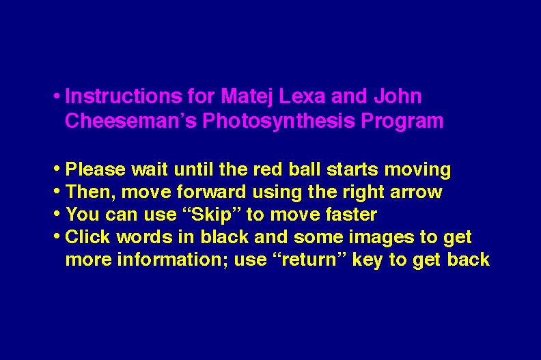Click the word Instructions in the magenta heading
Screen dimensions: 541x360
click(x=123, y=96)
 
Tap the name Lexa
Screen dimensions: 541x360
click(x=302, y=96)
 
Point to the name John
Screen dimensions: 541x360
click(x=398, y=96)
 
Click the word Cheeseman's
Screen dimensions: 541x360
click(x=130, y=121)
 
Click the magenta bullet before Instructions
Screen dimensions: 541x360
click(x=57, y=96)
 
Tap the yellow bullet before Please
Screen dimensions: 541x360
click(x=57, y=169)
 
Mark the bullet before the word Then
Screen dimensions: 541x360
click(x=57, y=191)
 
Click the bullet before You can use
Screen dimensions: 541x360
click(x=57, y=214)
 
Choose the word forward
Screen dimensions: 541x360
click(x=212, y=191)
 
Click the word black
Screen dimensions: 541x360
click(x=225, y=237)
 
